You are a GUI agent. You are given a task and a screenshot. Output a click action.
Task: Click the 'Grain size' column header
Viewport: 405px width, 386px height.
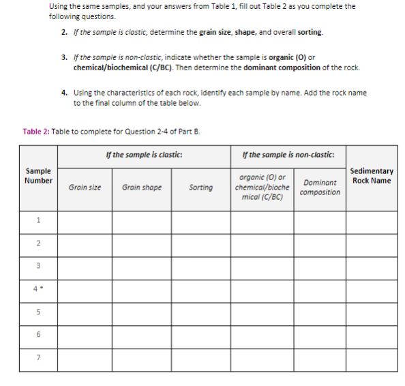(x=85, y=187)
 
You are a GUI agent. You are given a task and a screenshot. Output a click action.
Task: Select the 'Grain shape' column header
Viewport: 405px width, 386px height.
(x=142, y=187)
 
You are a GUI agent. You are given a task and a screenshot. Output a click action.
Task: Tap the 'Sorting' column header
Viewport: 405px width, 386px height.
(x=200, y=187)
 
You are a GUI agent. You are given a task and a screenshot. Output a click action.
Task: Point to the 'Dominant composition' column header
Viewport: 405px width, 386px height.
(x=320, y=187)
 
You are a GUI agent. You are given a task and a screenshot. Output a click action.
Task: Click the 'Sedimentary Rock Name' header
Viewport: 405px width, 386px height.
(x=371, y=176)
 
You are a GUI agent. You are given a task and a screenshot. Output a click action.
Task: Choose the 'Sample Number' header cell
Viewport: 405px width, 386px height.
(x=38, y=176)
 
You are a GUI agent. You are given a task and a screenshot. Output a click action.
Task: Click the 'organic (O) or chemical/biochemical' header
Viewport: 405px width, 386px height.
(x=262, y=187)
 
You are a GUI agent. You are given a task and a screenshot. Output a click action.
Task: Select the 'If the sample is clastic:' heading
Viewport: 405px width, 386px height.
(x=144, y=155)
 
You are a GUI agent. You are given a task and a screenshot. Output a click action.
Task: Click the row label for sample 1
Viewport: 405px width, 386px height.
(x=38, y=220)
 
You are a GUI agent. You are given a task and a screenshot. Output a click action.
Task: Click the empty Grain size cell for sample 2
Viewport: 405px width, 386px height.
(x=85, y=243)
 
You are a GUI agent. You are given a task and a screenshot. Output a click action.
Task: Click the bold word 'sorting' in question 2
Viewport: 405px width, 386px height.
(x=310, y=32)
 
